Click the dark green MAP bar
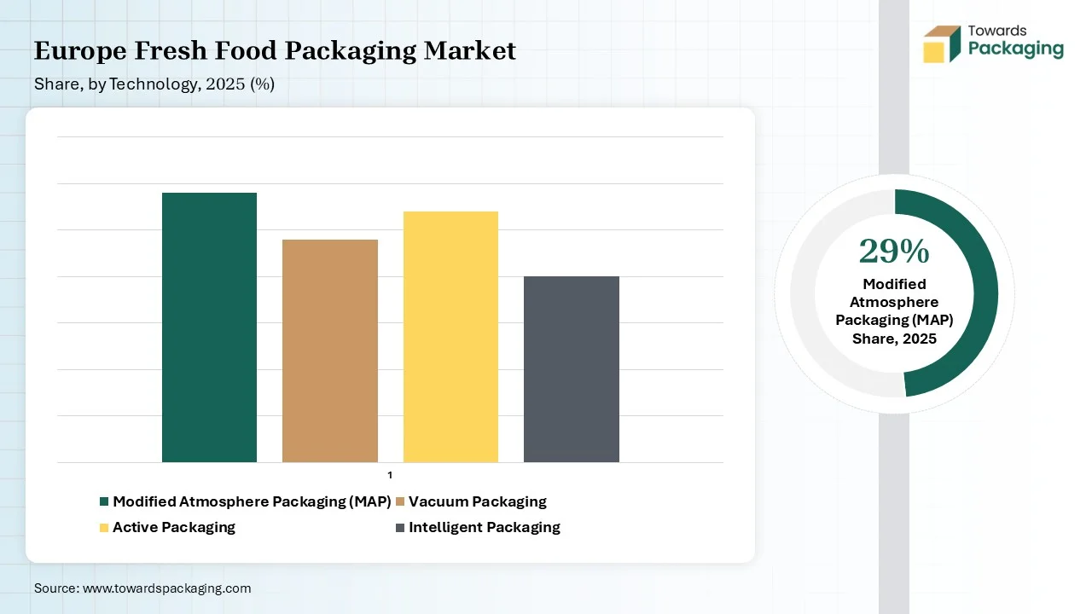(x=209, y=327)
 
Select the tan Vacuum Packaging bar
(x=330, y=350)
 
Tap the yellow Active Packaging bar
(x=450, y=336)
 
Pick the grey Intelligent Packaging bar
(x=572, y=369)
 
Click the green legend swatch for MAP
(x=104, y=501)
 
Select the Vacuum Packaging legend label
(x=477, y=502)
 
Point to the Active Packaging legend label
(x=174, y=527)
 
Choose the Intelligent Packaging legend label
(x=485, y=527)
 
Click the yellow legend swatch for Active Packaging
(x=104, y=528)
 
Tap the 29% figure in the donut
(x=894, y=252)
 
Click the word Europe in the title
(x=80, y=51)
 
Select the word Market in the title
(x=469, y=50)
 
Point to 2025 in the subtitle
(x=225, y=84)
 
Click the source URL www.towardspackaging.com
(x=166, y=588)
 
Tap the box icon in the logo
(x=942, y=43)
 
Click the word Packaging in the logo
(x=1016, y=49)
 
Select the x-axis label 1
(x=390, y=475)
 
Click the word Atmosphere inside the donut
(x=894, y=302)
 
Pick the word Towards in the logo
(x=997, y=31)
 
